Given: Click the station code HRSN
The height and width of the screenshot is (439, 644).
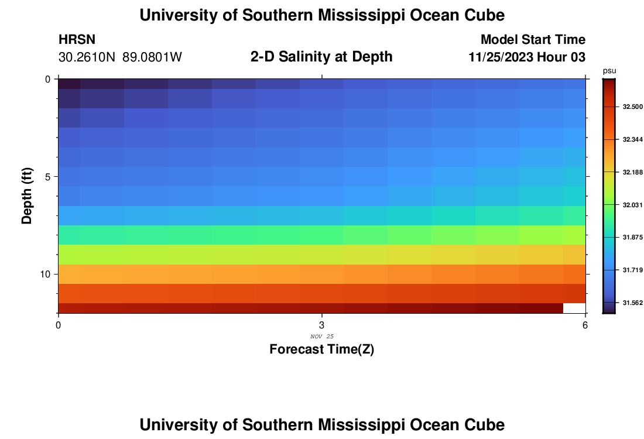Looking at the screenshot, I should coord(77,40).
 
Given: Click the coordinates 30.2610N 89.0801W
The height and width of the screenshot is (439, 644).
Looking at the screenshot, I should coord(121,57).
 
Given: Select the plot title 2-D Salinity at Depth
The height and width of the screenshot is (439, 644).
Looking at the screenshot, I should coord(321,57).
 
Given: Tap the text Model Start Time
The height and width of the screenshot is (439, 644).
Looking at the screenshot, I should coord(533,40).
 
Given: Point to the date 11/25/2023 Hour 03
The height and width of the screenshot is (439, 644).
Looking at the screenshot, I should coord(527,57).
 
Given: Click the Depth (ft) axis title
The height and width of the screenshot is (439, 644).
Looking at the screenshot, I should coord(26,196).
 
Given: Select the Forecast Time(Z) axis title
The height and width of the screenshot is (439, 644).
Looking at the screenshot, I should coord(321,349).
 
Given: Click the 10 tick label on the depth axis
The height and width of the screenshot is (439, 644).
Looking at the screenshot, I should coord(44,274).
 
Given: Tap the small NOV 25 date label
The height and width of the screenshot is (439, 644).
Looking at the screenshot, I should coord(321,336).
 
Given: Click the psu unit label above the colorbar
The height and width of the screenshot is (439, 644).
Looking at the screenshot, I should coord(609,71).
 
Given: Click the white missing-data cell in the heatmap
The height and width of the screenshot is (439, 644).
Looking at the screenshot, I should coord(574,308).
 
